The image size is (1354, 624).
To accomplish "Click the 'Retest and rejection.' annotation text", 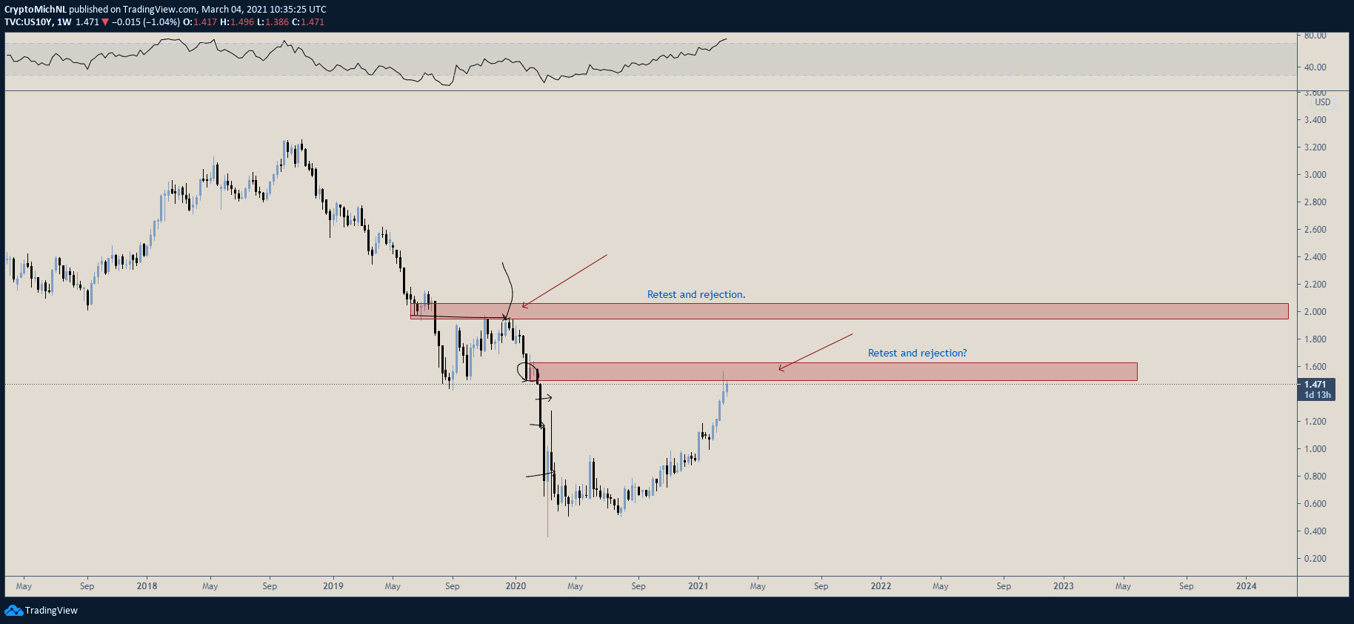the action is click(x=696, y=294).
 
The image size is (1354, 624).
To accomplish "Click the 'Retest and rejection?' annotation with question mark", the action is click(x=917, y=353).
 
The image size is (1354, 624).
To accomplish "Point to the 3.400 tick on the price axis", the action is click(x=1315, y=120).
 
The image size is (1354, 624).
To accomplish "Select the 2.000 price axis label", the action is click(x=1315, y=312).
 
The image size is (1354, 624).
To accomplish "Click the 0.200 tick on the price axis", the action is click(x=1315, y=559).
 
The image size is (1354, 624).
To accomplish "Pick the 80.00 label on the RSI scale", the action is click(x=1315, y=36).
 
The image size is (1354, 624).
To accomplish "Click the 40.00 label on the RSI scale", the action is click(x=1315, y=67).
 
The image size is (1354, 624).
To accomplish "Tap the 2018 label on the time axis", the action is click(x=147, y=586).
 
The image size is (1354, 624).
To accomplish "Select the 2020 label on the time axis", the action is click(x=516, y=586).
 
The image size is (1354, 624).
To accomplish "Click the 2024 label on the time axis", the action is click(x=1246, y=586).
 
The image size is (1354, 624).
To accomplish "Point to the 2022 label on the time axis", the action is click(x=881, y=586).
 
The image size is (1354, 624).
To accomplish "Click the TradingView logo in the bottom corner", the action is click(x=41, y=611).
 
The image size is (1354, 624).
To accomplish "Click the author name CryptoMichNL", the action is click(x=36, y=10).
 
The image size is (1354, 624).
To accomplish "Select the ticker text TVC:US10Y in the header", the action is click(x=28, y=22).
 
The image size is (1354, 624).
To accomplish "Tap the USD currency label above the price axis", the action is click(x=1322, y=102).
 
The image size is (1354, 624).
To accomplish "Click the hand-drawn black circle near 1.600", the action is click(x=527, y=371).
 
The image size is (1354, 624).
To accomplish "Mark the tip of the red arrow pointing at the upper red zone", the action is click(x=522, y=306).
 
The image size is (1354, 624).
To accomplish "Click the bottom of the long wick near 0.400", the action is click(x=547, y=537).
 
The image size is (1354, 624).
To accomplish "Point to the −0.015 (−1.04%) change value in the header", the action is click(x=145, y=22).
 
